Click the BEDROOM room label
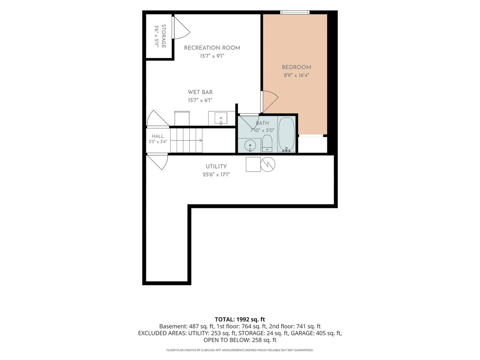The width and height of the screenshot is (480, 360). point(296,67)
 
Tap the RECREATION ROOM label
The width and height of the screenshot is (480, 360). point(212,48)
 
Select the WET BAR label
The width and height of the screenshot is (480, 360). point(200,92)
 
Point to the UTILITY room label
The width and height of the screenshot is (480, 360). point(216,166)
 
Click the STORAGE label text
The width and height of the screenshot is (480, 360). point(163,36)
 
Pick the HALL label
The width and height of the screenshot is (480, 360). point(158,136)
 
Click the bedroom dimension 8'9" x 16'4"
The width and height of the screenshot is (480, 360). point(296,76)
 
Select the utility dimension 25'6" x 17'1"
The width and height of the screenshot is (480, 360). point(216,174)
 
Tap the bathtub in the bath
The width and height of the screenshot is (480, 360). point(286,134)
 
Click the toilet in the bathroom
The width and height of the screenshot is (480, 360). point(267,143)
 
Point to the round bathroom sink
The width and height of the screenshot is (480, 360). point(250,146)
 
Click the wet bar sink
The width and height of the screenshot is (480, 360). point(221,118)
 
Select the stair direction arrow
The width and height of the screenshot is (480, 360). point(186,140)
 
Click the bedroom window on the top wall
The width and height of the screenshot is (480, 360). point(295,12)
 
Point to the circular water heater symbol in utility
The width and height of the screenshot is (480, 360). point(268,164)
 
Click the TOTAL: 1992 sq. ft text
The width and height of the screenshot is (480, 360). point(240,320)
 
